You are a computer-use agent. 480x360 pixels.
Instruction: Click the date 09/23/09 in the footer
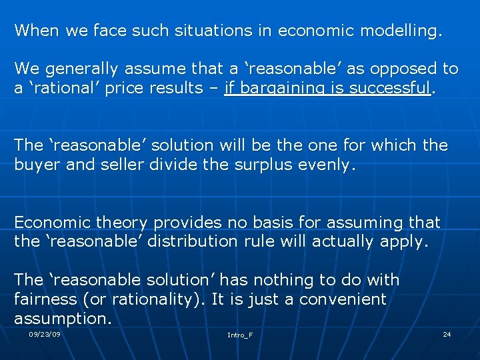click(x=45, y=333)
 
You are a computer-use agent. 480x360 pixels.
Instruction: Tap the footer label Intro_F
click(x=240, y=335)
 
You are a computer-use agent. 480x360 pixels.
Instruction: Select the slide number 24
click(x=447, y=333)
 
